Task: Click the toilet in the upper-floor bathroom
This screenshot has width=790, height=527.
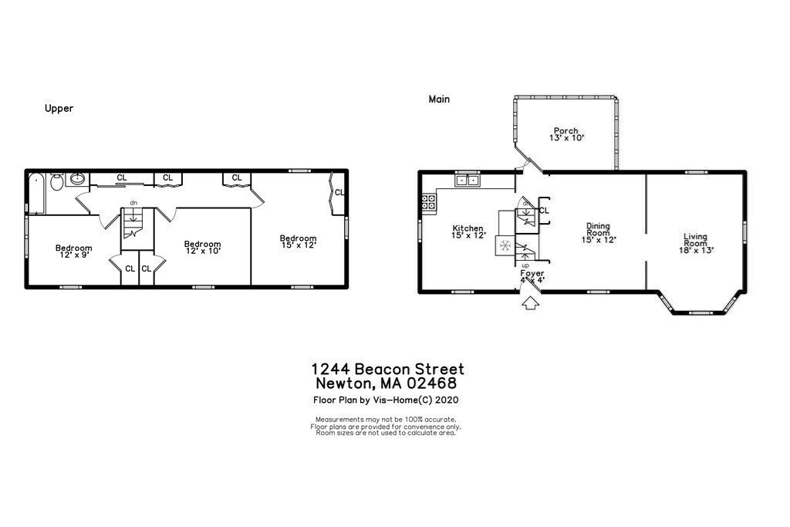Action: pyautogui.click(x=57, y=183)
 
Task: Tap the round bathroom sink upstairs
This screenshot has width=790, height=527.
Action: pyautogui.click(x=78, y=180)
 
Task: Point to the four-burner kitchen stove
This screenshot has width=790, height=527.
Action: pyautogui.click(x=429, y=203)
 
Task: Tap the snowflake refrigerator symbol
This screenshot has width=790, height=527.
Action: pyautogui.click(x=505, y=246)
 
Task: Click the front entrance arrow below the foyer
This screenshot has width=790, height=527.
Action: pyautogui.click(x=529, y=303)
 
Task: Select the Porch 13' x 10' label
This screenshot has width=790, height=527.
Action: pyautogui.click(x=566, y=134)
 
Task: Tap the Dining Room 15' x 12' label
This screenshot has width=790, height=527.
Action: pyautogui.click(x=598, y=232)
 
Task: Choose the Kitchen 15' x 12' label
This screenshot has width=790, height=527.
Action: pyautogui.click(x=468, y=231)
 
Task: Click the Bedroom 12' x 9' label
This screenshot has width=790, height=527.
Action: pyautogui.click(x=73, y=252)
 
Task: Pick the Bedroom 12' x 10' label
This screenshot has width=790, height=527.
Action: pyautogui.click(x=202, y=248)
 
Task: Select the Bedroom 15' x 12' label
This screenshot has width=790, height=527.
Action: pyautogui.click(x=298, y=242)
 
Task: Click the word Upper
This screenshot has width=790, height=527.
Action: pyautogui.click(x=59, y=109)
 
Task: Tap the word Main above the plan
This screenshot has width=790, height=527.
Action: pyautogui.click(x=439, y=99)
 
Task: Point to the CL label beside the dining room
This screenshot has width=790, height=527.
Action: pyautogui.click(x=544, y=210)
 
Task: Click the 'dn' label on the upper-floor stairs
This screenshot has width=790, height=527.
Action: pyautogui.click(x=133, y=202)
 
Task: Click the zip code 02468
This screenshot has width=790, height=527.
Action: pyautogui.click(x=432, y=383)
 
